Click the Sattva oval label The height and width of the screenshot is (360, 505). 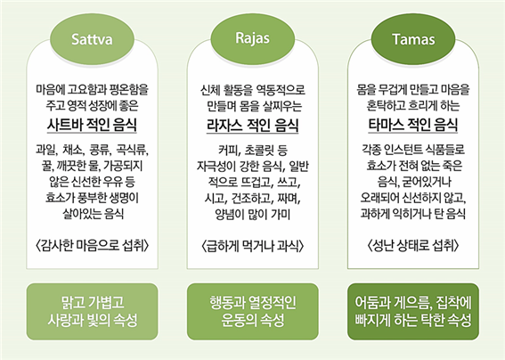click(x=92, y=39)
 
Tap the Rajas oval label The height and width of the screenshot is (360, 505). click(x=253, y=38)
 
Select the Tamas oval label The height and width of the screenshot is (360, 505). click(x=413, y=39)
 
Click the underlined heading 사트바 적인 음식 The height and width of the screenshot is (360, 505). click(x=92, y=125)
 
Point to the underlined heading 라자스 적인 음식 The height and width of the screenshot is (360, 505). click(x=253, y=125)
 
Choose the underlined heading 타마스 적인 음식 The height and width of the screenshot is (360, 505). click(x=413, y=125)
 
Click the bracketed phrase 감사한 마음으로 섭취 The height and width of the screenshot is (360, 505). click(x=92, y=246)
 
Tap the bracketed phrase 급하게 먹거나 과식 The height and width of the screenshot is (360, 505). click(x=253, y=246)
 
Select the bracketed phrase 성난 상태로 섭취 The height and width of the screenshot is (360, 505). click(x=413, y=246)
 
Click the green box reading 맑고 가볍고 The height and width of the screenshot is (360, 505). click(x=92, y=311)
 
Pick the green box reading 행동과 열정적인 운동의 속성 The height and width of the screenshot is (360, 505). click(x=253, y=311)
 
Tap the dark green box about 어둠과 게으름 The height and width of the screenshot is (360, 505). click(x=413, y=311)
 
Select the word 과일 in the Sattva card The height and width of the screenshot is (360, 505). click(x=46, y=151)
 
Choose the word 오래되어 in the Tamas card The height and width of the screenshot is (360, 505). click(x=379, y=198)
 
